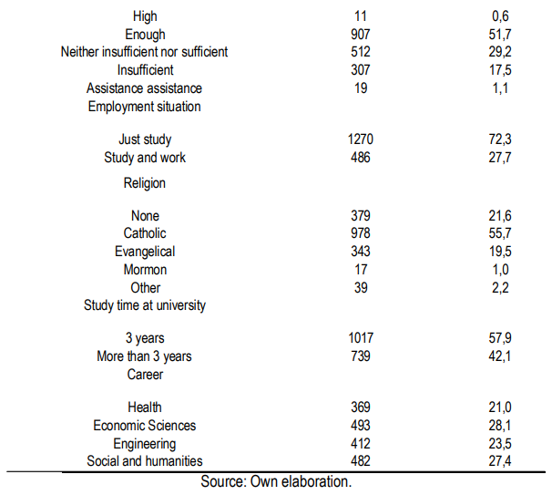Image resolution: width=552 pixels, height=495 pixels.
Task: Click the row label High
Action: click(145, 16)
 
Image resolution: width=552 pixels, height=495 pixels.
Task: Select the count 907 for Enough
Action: click(360, 35)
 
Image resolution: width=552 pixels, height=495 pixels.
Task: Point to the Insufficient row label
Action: click(145, 70)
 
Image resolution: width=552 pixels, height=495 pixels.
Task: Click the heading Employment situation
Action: click(145, 106)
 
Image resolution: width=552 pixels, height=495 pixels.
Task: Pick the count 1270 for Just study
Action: click(360, 139)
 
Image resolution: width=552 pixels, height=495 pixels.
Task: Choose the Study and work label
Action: click(145, 158)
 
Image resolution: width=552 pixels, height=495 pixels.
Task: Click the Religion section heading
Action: click(145, 183)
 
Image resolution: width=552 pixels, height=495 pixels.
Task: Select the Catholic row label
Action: click(145, 233)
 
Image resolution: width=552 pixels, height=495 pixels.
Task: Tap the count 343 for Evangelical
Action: click(360, 252)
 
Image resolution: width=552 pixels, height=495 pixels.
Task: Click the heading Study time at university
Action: click(145, 305)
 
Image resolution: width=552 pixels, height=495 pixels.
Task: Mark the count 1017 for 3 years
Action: click(360, 338)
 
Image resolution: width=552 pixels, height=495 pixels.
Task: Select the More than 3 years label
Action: click(145, 356)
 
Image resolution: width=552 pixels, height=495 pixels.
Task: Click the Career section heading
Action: click(145, 375)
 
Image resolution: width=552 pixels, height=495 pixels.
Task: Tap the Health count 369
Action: click(360, 407)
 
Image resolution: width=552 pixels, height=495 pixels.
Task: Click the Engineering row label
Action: click(145, 443)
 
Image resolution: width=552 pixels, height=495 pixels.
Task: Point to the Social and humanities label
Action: click(145, 461)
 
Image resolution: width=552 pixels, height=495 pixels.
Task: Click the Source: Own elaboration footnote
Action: click(276, 482)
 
